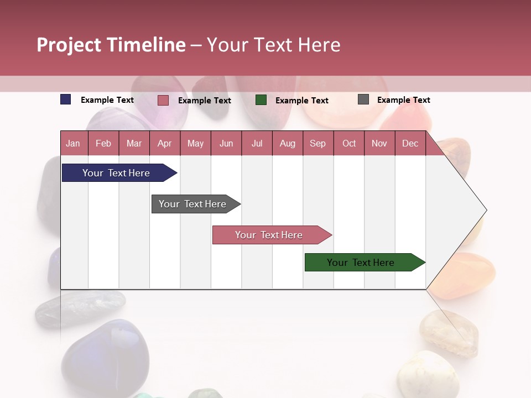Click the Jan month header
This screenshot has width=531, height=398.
point(73,143)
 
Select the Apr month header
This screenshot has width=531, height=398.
point(164,143)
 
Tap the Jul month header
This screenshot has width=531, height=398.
point(257,143)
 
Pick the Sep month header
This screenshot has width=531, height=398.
point(317,143)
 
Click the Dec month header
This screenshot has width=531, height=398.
point(410,143)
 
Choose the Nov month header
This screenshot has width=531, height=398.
point(379,143)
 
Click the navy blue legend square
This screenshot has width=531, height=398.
point(66,99)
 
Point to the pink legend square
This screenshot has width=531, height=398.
point(163,100)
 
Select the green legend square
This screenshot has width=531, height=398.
point(261,100)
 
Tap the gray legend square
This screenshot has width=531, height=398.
point(363,99)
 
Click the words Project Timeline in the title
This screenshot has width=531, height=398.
point(111,45)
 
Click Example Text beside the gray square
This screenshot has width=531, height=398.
point(403,100)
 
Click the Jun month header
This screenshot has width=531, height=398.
point(226,143)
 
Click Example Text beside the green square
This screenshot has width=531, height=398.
point(301,101)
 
